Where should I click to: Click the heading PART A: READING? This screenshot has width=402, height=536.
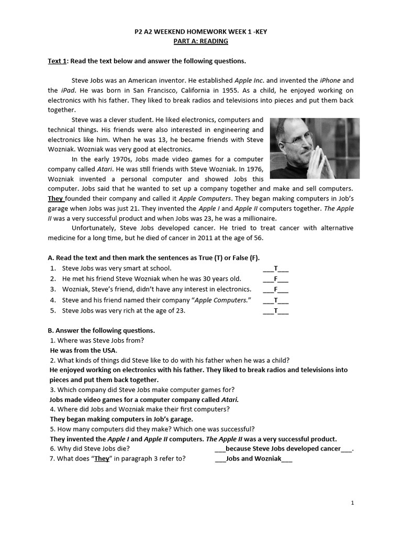click(x=201, y=41)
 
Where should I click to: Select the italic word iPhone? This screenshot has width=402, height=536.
click(x=330, y=81)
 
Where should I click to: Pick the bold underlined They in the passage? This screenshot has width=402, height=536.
click(x=56, y=198)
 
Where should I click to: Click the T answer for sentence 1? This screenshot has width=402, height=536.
click(x=275, y=269)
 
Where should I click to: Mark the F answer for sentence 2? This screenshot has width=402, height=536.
click(x=275, y=279)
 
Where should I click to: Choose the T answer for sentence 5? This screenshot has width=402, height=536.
click(x=275, y=311)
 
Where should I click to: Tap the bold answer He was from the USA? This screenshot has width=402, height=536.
click(x=84, y=350)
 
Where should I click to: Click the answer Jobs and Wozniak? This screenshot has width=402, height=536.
click(x=253, y=459)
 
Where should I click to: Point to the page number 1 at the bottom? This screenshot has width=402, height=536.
click(x=353, y=503)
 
